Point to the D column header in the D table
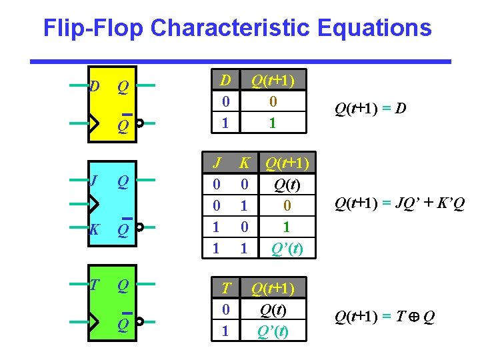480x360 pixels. point(226,81)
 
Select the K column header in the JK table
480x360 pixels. point(245,163)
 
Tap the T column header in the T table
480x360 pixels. point(226,288)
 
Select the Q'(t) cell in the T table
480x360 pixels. point(273,331)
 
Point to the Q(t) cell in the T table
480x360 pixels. point(273,309)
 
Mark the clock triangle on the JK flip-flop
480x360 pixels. point(94,203)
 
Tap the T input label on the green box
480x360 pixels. point(94,285)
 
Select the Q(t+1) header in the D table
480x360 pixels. point(273,81)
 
